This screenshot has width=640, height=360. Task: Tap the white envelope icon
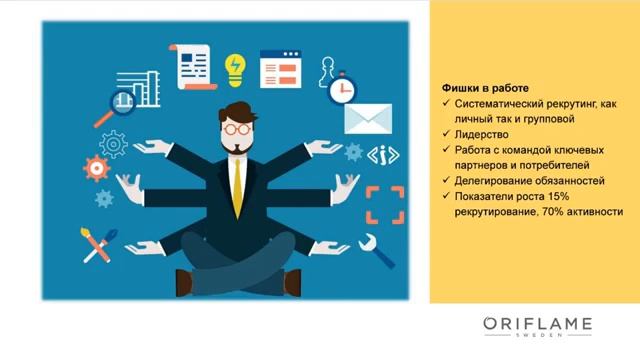(x=368, y=118)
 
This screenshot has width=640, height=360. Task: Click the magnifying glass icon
(x=122, y=101)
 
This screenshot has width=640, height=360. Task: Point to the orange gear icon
(x=97, y=167)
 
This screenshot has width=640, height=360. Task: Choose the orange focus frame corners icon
(x=384, y=204)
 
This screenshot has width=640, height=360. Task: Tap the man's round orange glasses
(x=236, y=128)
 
